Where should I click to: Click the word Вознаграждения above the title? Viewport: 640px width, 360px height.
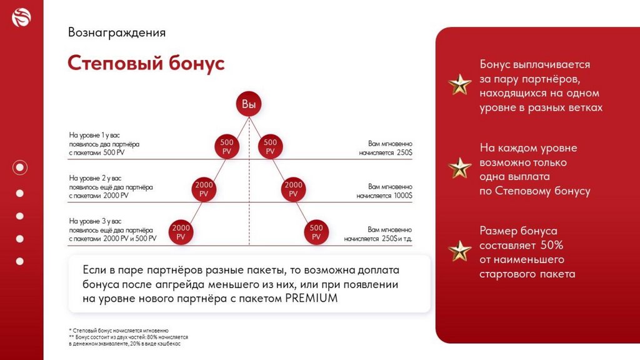(116, 32)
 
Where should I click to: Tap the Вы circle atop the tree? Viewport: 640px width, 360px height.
(249, 104)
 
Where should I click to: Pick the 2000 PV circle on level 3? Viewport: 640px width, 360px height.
(181, 232)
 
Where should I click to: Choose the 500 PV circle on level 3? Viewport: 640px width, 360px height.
(316, 232)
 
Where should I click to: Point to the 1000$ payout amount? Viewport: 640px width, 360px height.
(402, 196)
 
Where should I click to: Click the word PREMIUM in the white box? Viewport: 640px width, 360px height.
(311, 298)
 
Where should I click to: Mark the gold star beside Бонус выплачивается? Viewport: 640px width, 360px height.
(460, 84)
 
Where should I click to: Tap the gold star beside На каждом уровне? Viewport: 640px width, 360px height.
(460, 167)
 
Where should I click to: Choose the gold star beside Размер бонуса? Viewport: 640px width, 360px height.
(460, 251)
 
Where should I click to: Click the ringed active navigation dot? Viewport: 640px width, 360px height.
(20, 167)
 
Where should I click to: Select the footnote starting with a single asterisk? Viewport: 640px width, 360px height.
(119, 330)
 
